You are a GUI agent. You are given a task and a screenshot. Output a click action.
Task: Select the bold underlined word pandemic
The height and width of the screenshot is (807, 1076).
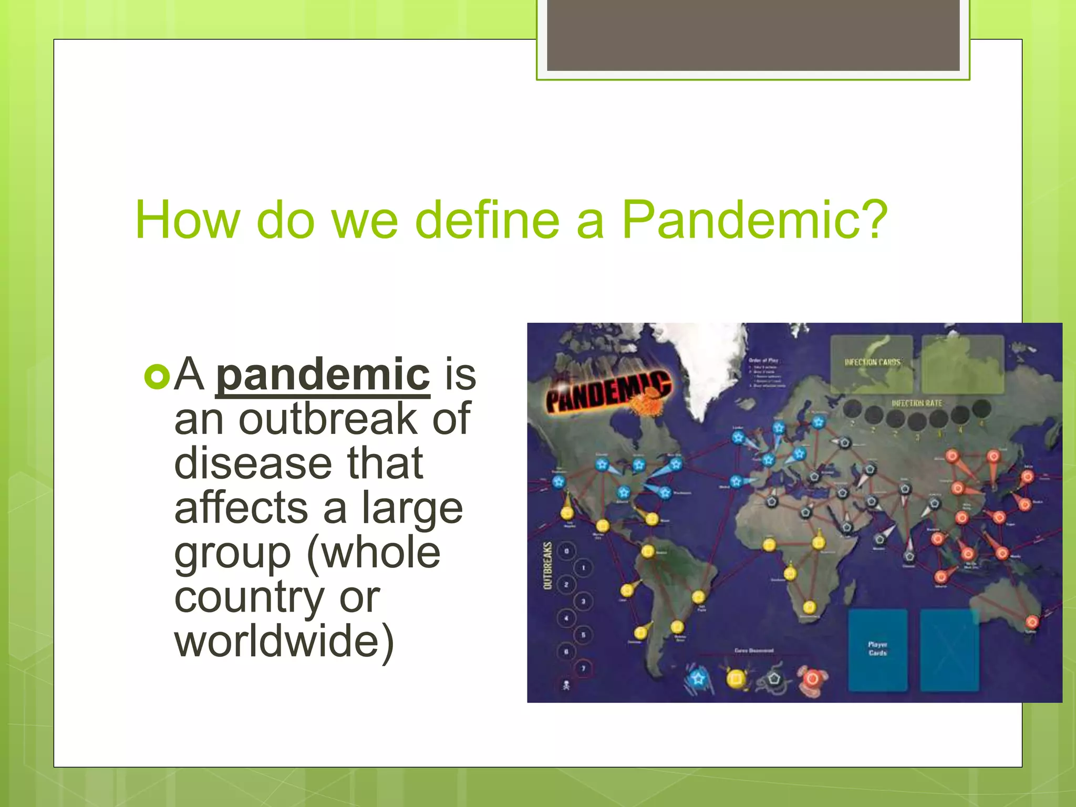[x=323, y=374]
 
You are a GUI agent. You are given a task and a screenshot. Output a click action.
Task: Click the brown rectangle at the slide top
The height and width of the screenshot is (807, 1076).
[x=753, y=35]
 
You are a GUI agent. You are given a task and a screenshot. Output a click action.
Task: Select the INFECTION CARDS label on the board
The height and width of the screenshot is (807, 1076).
[x=872, y=362]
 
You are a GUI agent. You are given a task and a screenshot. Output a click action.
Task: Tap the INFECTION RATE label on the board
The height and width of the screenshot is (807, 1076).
[x=917, y=403]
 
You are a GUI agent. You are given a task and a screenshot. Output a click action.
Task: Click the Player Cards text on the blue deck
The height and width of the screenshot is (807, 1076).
[x=877, y=648]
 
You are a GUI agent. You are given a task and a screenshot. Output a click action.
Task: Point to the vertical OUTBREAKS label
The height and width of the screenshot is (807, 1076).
[x=547, y=565]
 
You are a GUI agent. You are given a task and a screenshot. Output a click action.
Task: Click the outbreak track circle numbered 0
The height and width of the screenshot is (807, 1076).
[x=566, y=551]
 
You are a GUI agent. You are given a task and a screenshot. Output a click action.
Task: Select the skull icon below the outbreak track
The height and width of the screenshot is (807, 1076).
[x=566, y=685]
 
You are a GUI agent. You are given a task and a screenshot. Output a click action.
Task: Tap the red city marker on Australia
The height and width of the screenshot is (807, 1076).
[x=1032, y=622]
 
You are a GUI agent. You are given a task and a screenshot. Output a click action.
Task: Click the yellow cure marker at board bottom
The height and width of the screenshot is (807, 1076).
[x=736, y=678]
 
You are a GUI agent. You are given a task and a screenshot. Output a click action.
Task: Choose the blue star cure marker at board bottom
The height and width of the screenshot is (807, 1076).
[x=698, y=678]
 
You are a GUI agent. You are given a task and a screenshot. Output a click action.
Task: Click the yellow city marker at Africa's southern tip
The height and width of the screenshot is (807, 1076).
[x=810, y=607]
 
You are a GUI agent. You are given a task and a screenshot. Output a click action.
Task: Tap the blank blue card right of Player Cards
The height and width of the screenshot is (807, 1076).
[x=949, y=650]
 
